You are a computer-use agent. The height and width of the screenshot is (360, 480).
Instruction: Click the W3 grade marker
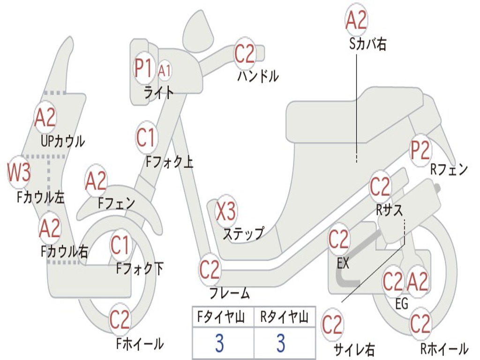pos(19,172)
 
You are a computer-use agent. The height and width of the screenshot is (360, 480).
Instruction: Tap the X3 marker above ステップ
pos(225,211)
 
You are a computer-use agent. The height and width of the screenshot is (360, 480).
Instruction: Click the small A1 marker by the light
pos(165,70)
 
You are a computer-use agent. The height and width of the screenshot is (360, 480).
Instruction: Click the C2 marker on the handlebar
pos(244,53)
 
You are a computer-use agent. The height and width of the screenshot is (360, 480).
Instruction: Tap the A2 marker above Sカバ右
pos(356,20)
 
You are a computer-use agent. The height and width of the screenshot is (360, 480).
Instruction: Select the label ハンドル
pos(258,76)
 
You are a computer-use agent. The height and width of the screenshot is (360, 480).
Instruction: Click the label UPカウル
pos(63,141)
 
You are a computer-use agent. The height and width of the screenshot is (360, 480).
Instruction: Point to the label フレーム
pos(229,294)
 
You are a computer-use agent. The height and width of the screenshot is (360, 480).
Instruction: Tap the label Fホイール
pos(140,344)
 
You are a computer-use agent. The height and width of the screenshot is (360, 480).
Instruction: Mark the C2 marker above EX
pos(338,240)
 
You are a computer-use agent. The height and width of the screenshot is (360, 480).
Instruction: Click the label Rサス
pos(389,210)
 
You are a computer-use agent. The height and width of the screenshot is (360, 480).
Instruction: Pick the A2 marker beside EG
pos(417,281)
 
